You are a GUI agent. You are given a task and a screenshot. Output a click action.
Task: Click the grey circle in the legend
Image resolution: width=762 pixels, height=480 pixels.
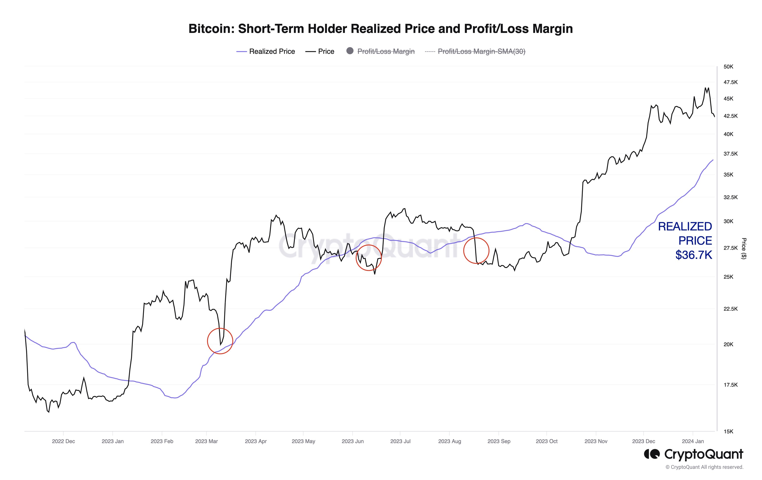coord(350,51)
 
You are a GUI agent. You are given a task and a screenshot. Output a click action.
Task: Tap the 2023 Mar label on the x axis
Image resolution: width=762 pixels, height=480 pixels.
coord(206,441)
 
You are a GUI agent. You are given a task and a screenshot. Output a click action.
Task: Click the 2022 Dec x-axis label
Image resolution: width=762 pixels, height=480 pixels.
coord(63,441)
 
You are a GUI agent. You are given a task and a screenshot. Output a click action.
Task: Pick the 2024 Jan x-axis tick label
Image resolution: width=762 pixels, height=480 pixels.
coord(693,441)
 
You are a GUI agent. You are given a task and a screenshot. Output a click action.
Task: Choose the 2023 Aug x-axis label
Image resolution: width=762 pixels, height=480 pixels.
coord(449,441)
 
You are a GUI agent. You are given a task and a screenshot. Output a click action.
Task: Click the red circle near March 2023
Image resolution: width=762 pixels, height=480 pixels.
coord(220,341)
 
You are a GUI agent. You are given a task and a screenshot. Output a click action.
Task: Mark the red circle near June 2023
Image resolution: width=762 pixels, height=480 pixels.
coord(369,257)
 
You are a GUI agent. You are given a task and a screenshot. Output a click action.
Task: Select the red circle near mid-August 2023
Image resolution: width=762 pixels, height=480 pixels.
coord(476,251)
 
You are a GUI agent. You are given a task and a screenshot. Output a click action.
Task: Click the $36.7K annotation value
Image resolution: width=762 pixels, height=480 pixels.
coord(693,255)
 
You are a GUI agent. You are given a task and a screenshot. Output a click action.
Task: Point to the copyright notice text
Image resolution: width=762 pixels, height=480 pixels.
coord(704,467)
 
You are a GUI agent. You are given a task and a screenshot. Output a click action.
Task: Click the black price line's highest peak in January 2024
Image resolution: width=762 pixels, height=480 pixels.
coord(705,88)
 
